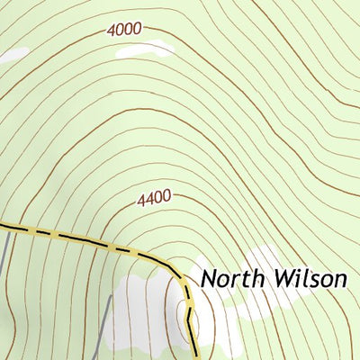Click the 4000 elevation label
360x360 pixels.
(x=123, y=29)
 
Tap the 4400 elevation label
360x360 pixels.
(x=154, y=198)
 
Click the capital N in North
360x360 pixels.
(x=209, y=278)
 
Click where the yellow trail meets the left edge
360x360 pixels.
(x=2, y=225)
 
